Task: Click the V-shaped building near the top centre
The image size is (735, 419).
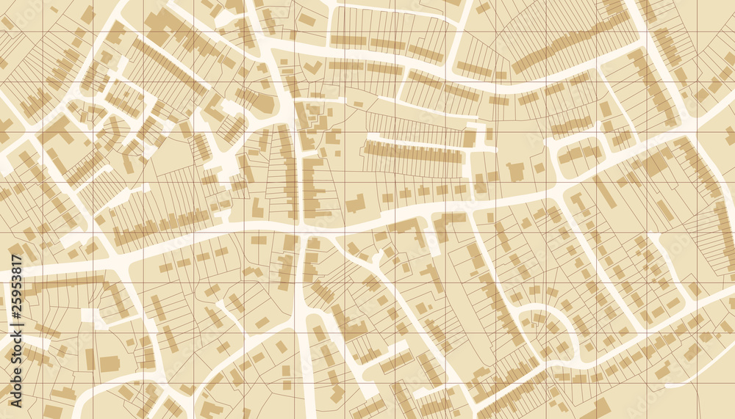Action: click(312, 68)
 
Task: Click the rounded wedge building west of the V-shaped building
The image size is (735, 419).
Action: click(265, 103)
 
